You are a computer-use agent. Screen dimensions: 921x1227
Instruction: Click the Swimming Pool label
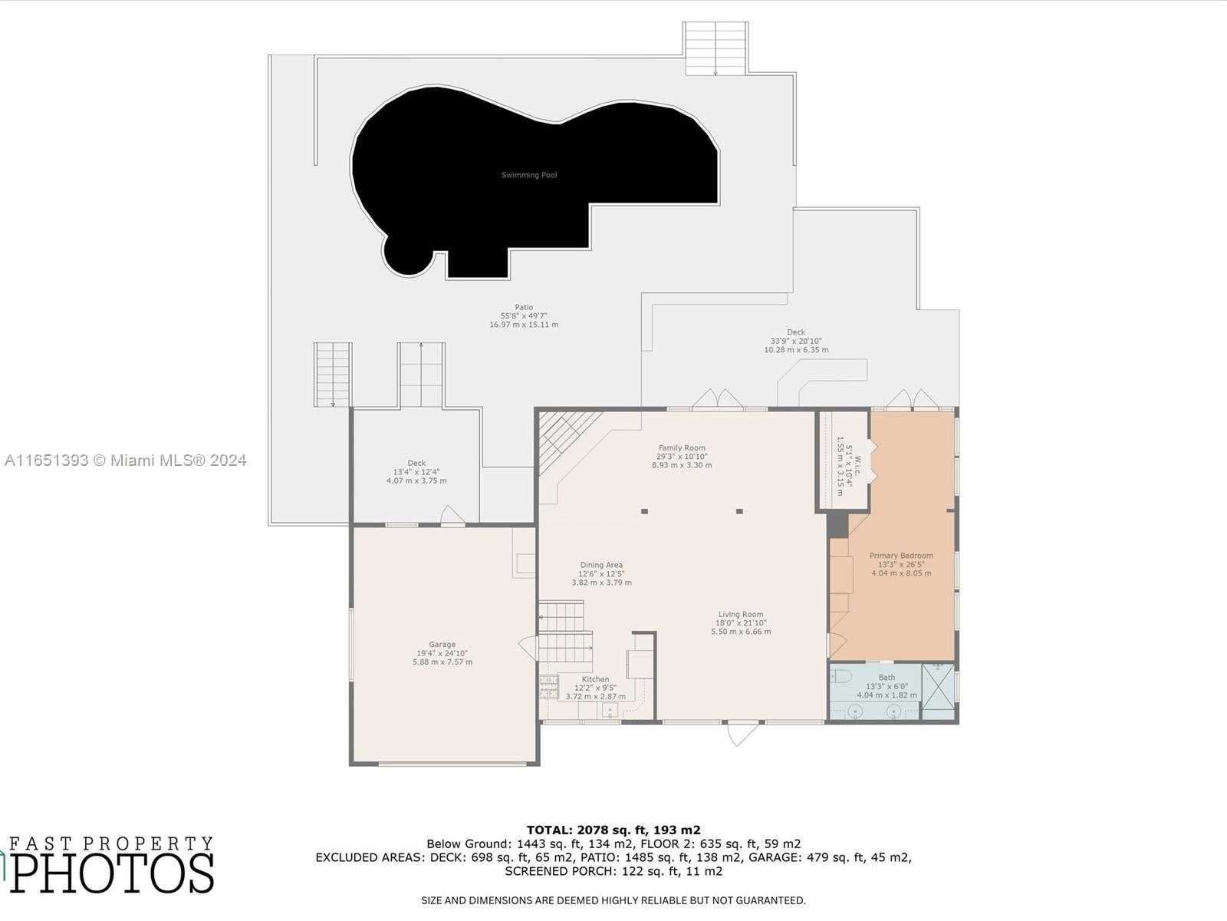(529, 175)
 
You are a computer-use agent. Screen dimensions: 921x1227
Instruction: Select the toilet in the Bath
(840, 676)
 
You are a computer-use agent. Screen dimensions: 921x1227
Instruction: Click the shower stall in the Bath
(938, 692)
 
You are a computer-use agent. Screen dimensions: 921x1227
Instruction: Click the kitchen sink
(610, 710)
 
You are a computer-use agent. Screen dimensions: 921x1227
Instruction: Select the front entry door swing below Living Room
(742, 734)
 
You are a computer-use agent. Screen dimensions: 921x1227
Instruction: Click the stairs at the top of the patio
(715, 48)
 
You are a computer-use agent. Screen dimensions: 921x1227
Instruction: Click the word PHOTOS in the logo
(112, 873)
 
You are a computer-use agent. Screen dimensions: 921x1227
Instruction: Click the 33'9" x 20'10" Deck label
(796, 342)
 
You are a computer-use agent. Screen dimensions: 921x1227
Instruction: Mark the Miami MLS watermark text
(126, 460)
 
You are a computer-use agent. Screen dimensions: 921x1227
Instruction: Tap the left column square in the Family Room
(645, 511)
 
